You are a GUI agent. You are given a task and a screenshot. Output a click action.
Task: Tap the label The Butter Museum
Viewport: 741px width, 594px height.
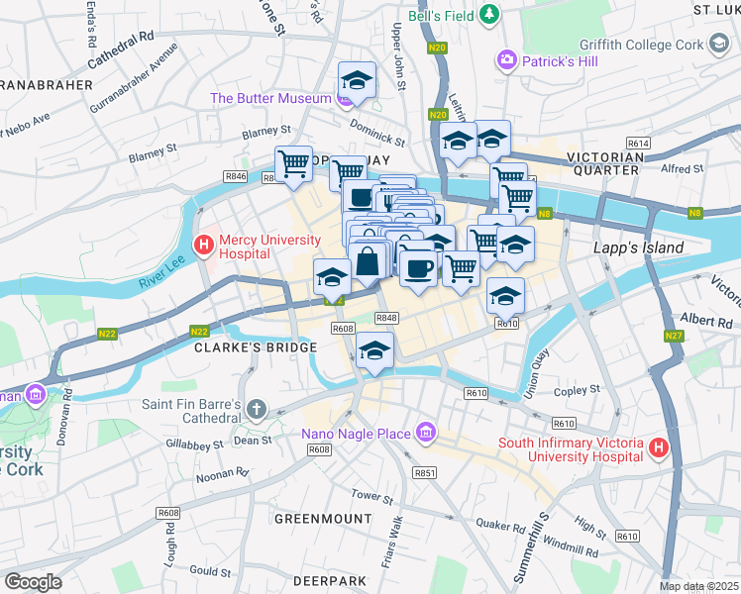pyautogui.click(x=269, y=98)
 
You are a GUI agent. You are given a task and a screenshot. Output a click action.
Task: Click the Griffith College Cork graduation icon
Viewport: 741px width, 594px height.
pyautogui.click(x=719, y=44)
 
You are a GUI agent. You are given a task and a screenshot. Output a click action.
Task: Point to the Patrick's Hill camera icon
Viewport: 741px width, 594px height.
pyautogui.click(x=508, y=60)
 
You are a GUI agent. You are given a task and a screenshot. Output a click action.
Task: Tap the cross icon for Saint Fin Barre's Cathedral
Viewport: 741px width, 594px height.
pyautogui.click(x=257, y=409)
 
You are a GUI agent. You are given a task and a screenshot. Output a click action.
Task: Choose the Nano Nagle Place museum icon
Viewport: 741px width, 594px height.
pyautogui.click(x=426, y=433)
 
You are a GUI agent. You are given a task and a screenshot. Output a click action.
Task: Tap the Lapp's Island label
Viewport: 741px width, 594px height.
pyautogui.click(x=638, y=247)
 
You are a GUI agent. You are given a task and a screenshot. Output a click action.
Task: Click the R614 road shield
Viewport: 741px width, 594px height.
pyautogui.click(x=638, y=144)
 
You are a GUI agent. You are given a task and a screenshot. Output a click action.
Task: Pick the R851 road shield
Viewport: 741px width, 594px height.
pyautogui.click(x=424, y=473)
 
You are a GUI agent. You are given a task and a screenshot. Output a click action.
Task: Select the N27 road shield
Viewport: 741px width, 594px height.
pyautogui.click(x=674, y=336)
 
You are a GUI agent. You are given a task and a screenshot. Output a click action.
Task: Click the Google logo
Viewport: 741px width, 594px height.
pyautogui.click(x=33, y=582)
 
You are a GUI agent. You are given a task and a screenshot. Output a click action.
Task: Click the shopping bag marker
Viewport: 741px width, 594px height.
pyautogui.click(x=368, y=262)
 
